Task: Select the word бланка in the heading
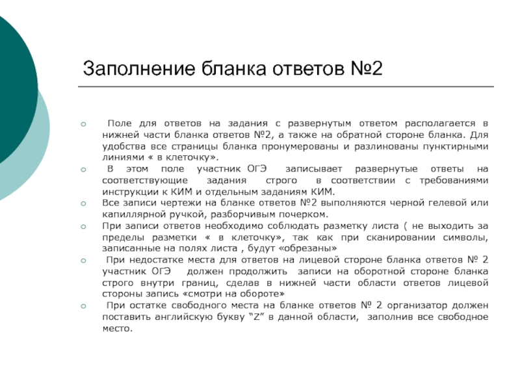pyautogui.click(x=229, y=68)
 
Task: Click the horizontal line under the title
pyautogui.click(x=286, y=86)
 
